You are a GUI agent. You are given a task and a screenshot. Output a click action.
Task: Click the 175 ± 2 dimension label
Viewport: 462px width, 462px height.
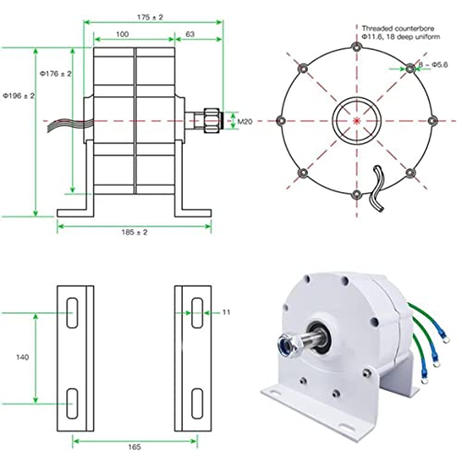[x=150, y=18]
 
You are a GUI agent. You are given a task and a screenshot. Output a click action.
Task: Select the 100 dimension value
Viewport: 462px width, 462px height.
[x=122, y=34]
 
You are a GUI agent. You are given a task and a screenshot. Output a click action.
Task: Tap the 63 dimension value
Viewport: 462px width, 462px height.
[x=190, y=34]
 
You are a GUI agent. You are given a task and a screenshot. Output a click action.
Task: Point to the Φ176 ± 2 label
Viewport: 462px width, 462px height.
[x=55, y=74]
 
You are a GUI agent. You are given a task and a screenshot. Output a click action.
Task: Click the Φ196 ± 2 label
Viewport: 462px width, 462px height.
[x=18, y=96]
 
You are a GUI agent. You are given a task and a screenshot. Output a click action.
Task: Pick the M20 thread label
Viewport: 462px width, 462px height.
[x=245, y=122]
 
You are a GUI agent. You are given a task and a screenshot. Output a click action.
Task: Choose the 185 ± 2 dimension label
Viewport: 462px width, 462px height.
[x=134, y=232]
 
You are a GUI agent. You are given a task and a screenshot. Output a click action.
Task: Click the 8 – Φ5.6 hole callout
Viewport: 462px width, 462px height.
[x=433, y=65]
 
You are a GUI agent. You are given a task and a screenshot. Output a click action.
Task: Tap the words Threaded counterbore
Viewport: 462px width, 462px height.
[x=398, y=29]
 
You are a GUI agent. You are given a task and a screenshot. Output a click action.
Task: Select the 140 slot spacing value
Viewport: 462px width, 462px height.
[x=22, y=358]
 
